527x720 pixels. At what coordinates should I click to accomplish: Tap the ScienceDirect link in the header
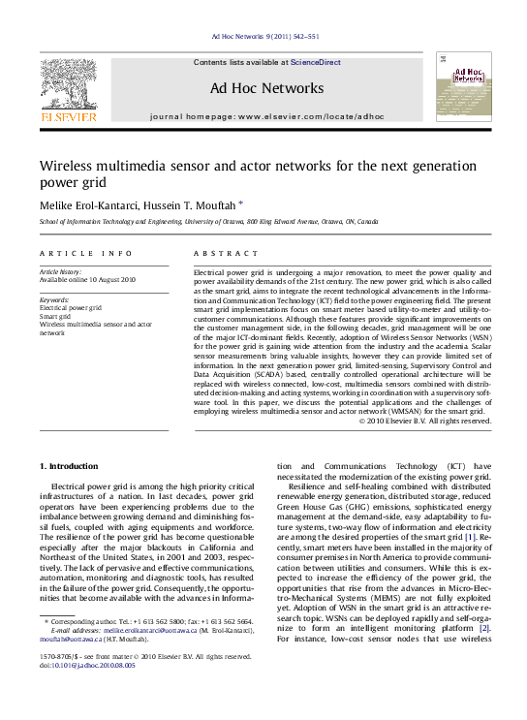pos(316,62)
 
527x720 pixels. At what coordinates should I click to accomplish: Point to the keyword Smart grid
pos(55,316)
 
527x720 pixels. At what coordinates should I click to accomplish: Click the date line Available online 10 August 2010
pos(87,280)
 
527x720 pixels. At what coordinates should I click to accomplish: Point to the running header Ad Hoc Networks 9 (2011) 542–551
pos(264,37)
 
